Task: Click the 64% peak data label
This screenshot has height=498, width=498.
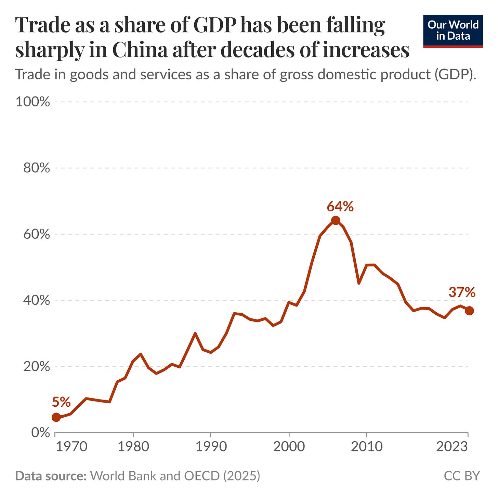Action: coord(340,207)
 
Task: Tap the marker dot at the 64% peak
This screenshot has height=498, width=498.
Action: coord(336,221)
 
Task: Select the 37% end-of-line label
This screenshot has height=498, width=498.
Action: coord(462,292)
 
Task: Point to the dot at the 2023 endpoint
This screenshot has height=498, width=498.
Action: coord(469,311)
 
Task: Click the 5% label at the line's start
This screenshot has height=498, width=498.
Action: coord(61,402)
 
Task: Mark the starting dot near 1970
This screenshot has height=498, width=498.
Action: coord(56,417)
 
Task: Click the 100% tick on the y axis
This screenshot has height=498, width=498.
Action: coord(33,102)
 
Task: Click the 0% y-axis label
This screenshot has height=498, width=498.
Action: coord(41,433)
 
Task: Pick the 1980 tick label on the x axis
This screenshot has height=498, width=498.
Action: coord(133,447)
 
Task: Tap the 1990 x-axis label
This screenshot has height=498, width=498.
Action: coord(211,447)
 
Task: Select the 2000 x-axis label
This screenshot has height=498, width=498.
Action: coord(289,447)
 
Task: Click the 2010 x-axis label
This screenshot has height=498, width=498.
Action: coord(366,447)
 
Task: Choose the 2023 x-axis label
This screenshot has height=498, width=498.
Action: coord(452,447)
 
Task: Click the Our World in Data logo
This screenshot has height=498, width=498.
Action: coord(453,31)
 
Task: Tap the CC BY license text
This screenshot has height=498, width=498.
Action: coord(462,476)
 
